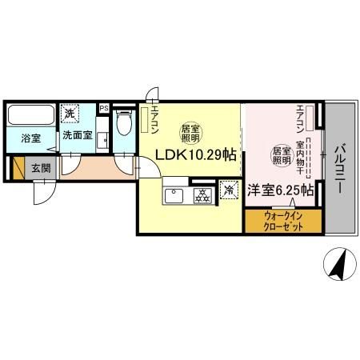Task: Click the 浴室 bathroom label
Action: tap(31, 136)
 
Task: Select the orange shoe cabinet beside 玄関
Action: tap(18, 168)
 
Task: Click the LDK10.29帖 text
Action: tap(190, 155)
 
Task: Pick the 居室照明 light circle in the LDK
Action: tap(190, 132)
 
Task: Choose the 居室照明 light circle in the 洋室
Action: tap(281, 154)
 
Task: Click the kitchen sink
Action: tap(174, 195)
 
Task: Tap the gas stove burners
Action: tap(202, 194)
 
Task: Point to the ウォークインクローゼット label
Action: tap(283, 220)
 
